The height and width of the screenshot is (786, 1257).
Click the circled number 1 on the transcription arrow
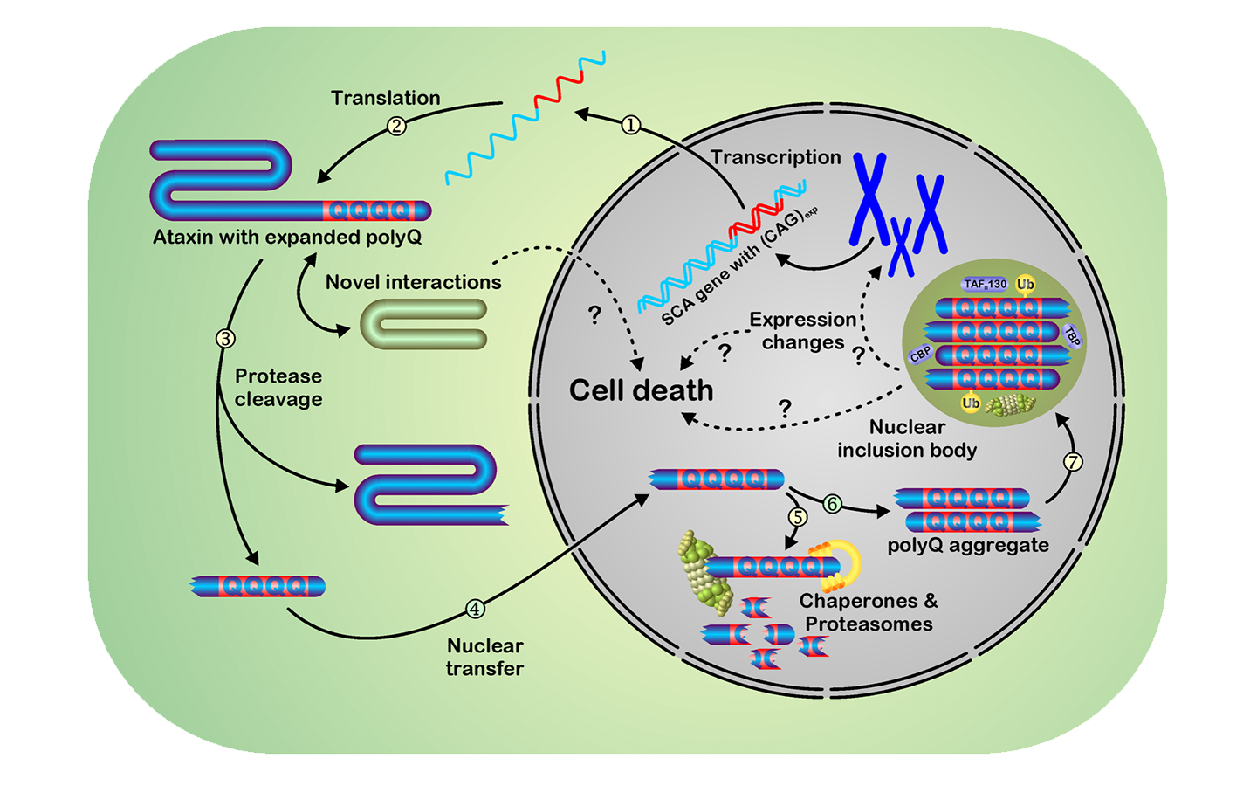pos(630,126)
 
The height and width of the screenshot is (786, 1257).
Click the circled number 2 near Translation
pos(396,126)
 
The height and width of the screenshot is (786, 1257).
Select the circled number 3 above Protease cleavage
pos(225,338)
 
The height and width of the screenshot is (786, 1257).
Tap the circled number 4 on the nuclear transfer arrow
pos(475,609)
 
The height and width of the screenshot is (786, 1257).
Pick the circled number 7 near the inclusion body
pos(1074,461)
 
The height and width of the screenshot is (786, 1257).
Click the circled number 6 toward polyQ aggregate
pos(832,504)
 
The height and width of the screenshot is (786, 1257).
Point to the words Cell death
pos(641,390)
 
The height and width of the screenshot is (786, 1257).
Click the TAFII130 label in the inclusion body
pos(986,284)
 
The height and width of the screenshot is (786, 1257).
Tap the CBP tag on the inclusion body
pos(920,354)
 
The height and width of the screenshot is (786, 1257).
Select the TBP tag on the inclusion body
pos(1073,336)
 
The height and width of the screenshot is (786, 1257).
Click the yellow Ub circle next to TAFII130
pos(1026,284)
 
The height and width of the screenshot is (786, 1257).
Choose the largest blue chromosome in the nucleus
pos(869,200)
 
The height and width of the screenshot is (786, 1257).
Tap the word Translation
pos(385,98)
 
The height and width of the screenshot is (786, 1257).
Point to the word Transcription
pos(775,157)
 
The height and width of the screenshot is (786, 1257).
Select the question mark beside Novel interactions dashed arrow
pos(594,315)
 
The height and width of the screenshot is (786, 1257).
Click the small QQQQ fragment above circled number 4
pos(258,586)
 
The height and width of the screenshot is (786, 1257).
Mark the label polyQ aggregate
pos(968,546)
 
